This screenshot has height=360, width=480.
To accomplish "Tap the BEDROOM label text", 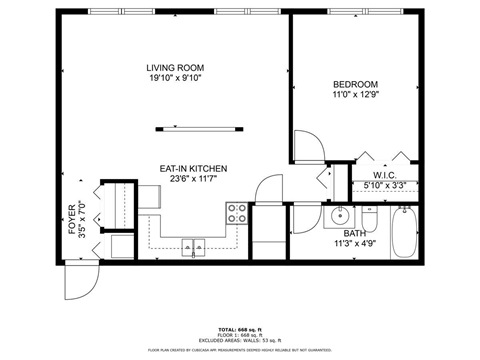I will click(x=355, y=85).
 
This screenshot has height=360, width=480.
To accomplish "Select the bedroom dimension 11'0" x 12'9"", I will click(x=355, y=96).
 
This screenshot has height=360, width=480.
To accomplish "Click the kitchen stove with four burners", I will click(x=238, y=212).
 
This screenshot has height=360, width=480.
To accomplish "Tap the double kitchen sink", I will click(x=193, y=246).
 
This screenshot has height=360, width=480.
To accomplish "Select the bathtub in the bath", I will click(x=406, y=232).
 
